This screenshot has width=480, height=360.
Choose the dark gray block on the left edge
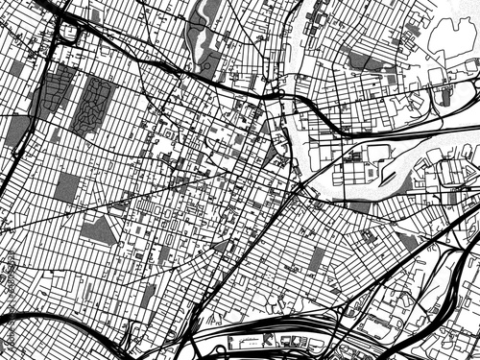point(17,131)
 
